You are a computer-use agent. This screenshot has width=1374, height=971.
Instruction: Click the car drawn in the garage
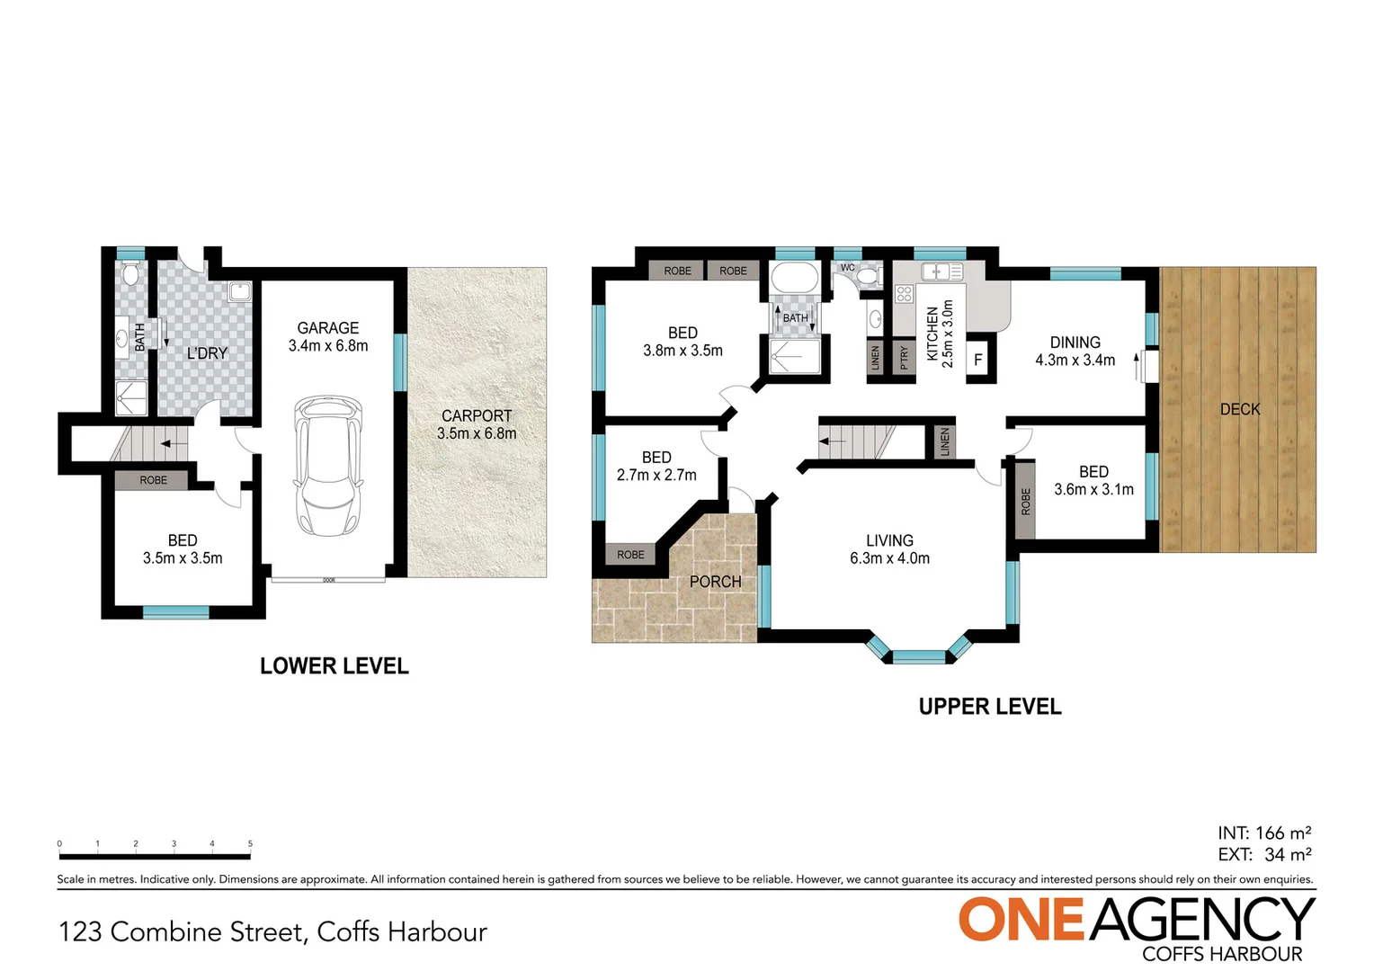tap(328, 465)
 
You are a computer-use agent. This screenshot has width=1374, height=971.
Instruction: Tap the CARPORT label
tap(477, 416)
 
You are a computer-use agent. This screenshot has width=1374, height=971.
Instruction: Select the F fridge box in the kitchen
tap(978, 360)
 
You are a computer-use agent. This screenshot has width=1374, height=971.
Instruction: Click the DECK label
tap(1240, 409)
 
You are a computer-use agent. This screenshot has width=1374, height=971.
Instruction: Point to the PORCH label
tap(716, 582)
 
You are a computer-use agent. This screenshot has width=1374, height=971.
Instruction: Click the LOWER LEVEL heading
tap(335, 666)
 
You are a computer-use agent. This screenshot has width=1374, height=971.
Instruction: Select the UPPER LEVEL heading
tap(990, 707)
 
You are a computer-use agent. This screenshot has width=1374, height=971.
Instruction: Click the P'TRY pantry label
tap(905, 358)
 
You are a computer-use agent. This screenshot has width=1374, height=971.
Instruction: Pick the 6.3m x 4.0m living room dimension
tap(889, 558)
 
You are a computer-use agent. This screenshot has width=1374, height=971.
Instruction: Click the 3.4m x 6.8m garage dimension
tap(328, 345)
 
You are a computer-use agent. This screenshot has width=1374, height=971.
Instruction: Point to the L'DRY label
tap(207, 353)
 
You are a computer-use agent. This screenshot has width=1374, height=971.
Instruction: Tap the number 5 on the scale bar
tap(250, 844)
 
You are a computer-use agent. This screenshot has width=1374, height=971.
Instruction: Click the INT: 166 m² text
tap(1264, 833)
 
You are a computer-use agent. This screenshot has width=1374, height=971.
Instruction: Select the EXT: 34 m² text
tap(1264, 855)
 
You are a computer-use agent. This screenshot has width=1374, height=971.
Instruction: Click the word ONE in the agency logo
tap(1022, 920)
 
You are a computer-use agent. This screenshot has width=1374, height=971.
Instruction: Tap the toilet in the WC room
tap(869, 276)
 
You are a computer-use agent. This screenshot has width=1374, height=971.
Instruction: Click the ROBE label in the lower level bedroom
tap(154, 480)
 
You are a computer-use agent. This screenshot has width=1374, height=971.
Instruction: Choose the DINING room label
tap(1075, 343)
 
